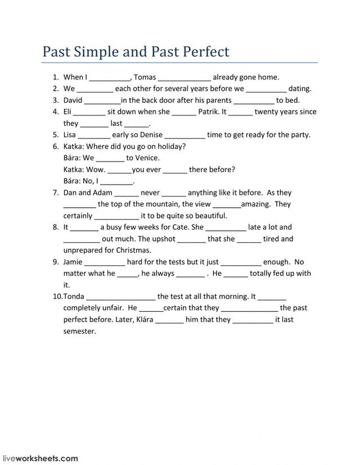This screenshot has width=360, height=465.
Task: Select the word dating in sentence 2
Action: tap(299, 88)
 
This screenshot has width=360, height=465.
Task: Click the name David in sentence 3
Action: tap(73, 100)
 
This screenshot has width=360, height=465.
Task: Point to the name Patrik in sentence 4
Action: tap(209, 111)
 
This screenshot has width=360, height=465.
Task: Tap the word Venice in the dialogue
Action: tap(146, 158)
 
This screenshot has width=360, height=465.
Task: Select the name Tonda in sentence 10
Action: tap(74, 296)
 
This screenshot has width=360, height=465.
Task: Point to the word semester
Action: tap(80, 331)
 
